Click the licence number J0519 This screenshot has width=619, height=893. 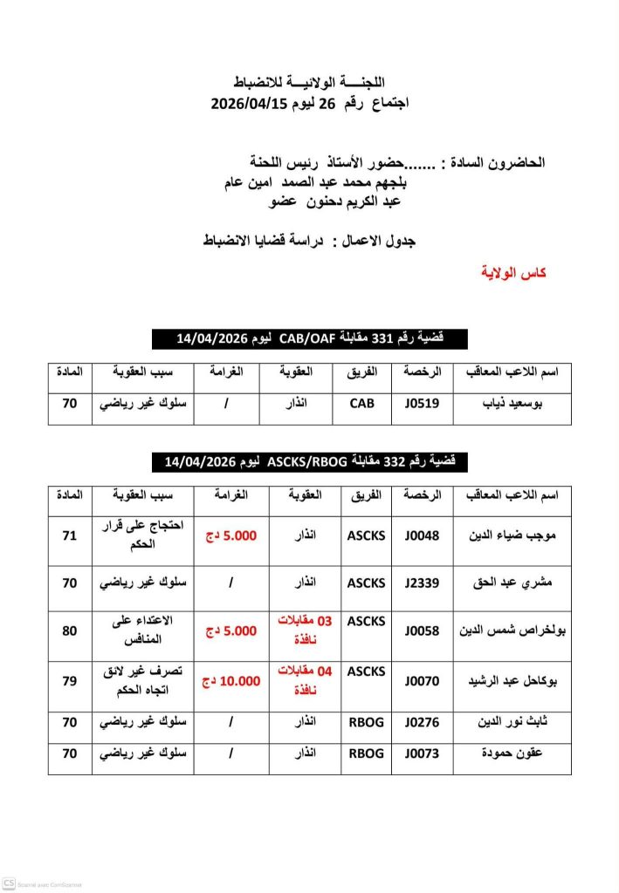coord(423,405)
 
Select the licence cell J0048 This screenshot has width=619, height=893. coord(423,535)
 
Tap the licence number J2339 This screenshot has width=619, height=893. coord(423,582)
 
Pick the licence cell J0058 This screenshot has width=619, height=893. coord(423,630)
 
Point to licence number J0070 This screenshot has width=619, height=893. coord(423,680)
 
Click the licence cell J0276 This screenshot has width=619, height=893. coord(423,722)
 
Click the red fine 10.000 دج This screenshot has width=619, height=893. coord(230,680)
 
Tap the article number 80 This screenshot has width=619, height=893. coord(70,630)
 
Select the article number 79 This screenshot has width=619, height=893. coord(70,680)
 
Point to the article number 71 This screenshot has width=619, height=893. coord(70,535)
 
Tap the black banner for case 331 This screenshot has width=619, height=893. coord(309,338)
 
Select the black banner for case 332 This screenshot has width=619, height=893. coord(309,461)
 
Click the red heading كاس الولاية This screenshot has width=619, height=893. coord(513,273)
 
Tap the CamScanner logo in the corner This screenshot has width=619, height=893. coord(9,882)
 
